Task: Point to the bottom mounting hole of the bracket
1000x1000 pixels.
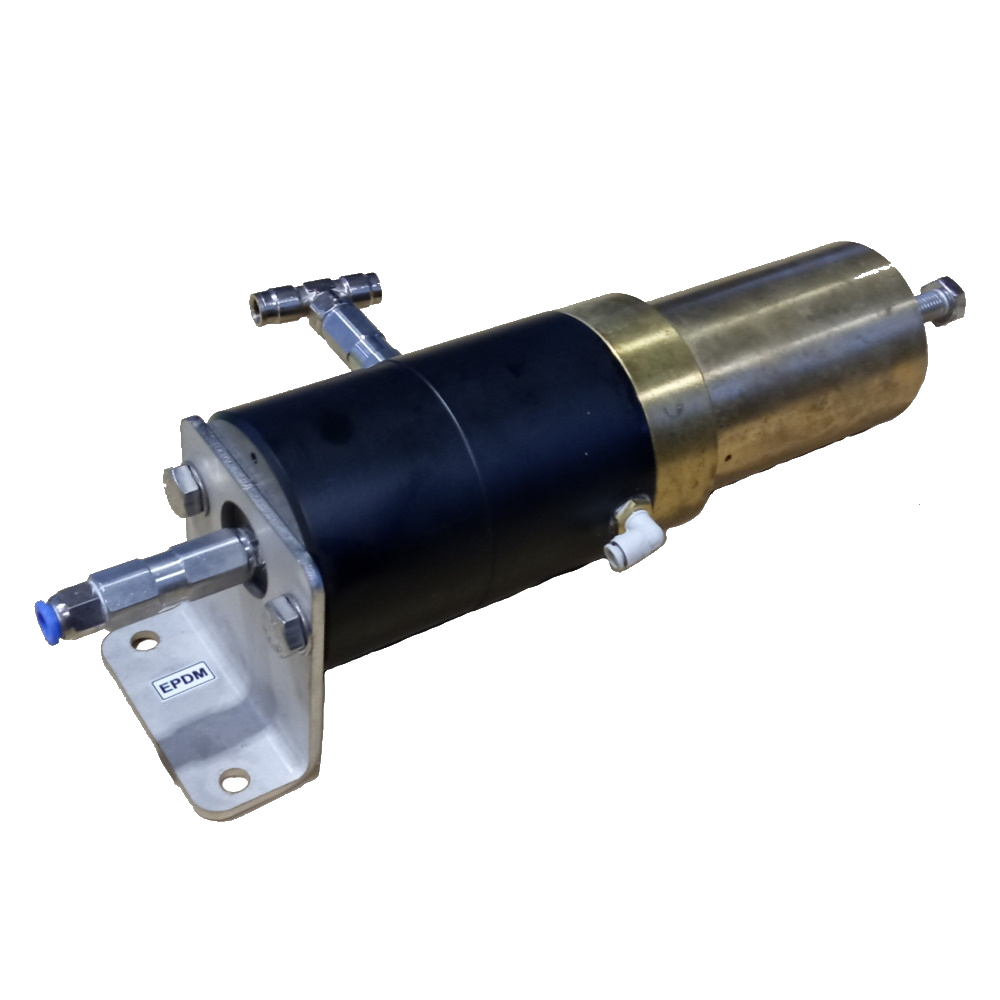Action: [235, 774]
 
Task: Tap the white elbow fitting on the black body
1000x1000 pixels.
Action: [628, 541]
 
